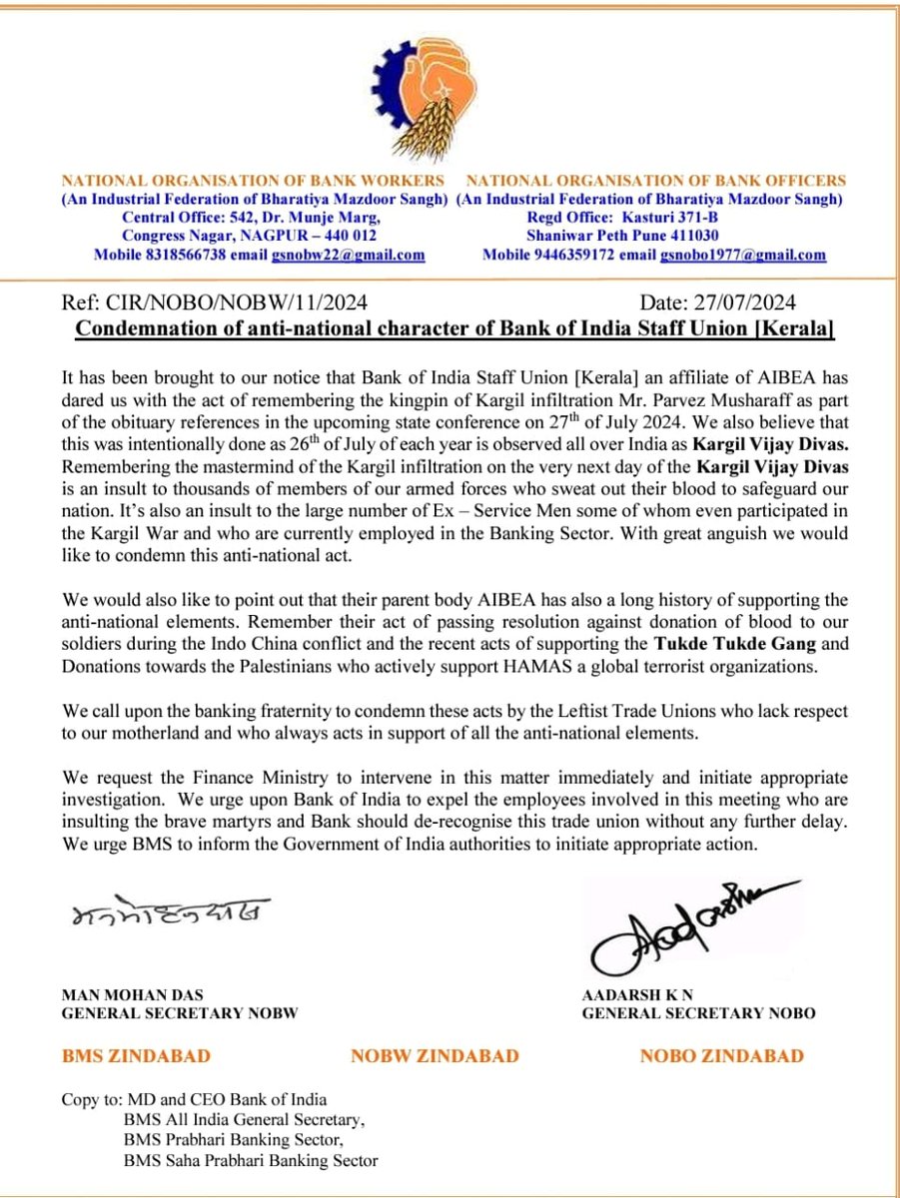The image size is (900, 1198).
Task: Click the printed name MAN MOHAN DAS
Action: tap(125, 993)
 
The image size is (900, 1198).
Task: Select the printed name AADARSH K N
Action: tap(629, 993)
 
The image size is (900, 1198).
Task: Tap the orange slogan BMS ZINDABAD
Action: tap(137, 1055)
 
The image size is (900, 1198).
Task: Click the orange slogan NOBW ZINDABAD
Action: tap(435, 1055)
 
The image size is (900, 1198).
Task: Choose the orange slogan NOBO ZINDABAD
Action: tap(721, 1055)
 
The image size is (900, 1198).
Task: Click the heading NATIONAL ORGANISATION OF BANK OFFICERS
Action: tap(656, 181)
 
